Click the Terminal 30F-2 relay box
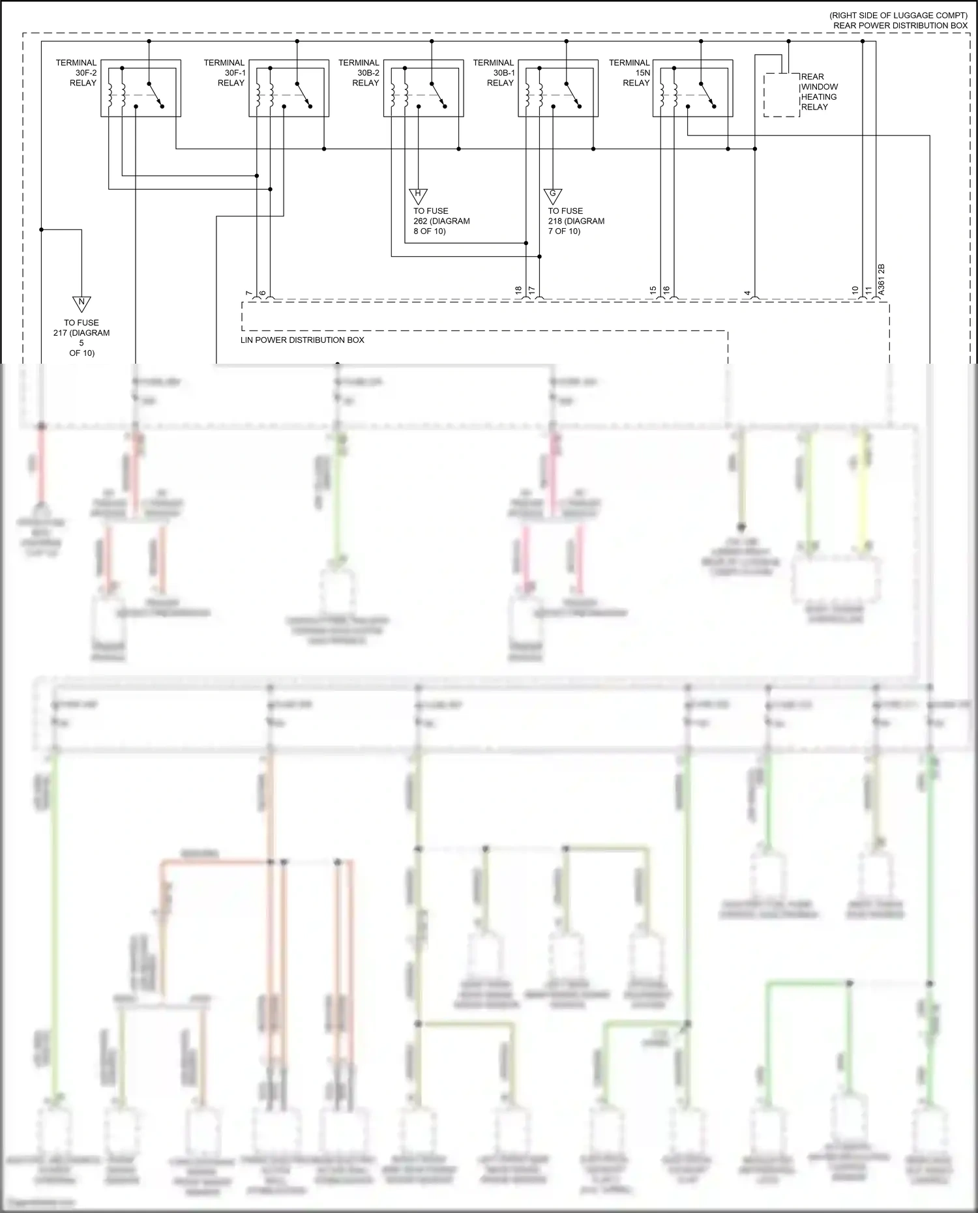coord(141,89)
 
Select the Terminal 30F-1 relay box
coord(289,89)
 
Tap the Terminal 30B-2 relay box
coord(424,89)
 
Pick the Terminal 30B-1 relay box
coord(558,89)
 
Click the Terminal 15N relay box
coord(692,89)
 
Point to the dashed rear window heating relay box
coord(782,95)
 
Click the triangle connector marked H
coord(418,194)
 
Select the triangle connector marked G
coord(553,194)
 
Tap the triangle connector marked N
coord(81,303)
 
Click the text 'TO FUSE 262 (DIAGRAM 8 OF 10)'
coord(441,221)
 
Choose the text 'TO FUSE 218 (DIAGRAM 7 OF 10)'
coord(576,221)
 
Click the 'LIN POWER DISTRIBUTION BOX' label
coord(303,340)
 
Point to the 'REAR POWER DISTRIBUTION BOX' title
coord(900,25)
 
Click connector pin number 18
coord(518,291)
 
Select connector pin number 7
coord(248,294)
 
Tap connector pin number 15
coord(653,291)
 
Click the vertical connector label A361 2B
coord(881,280)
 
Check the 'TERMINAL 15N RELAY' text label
coord(629,73)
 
